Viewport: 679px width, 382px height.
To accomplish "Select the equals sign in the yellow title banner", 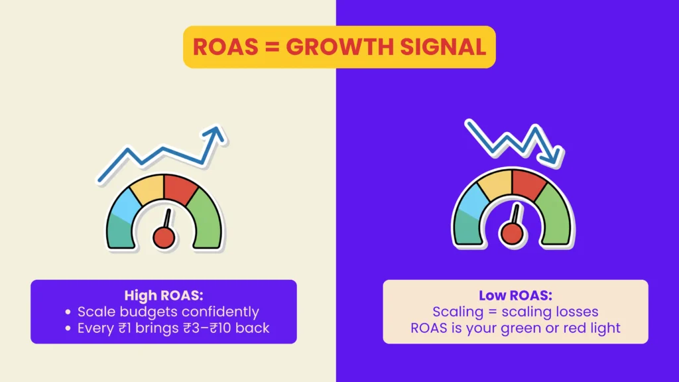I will tap(270, 47).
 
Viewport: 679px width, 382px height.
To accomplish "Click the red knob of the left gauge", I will tap(164, 236).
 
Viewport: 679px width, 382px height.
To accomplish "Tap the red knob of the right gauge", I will tap(511, 232).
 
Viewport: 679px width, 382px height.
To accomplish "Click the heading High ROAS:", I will tap(163, 295).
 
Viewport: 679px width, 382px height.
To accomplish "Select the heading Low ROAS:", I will tap(515, 295).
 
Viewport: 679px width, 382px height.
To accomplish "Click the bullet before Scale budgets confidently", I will tap(69, 312).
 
